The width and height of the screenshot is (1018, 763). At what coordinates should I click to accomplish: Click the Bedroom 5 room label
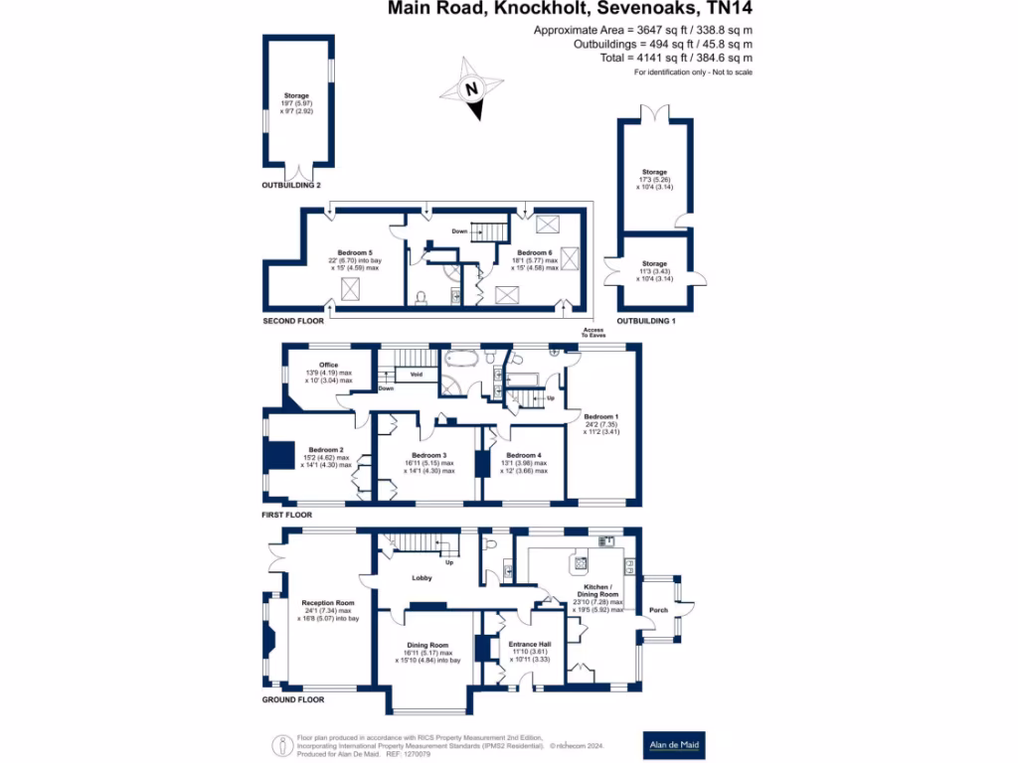[354, 253]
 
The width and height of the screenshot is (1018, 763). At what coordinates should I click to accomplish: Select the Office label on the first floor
[328, 365]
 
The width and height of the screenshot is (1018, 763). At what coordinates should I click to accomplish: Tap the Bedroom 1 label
[600, 416]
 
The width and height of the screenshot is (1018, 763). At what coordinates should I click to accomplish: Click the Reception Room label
[328, 602]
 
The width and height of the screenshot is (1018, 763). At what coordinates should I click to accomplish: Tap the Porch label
[658, 609]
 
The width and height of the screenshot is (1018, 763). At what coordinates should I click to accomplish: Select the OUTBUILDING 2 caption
[291, 186]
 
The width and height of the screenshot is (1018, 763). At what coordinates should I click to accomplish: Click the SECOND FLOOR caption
[292, 322]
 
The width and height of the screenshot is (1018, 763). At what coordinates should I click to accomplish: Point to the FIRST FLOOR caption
[287, 515]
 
